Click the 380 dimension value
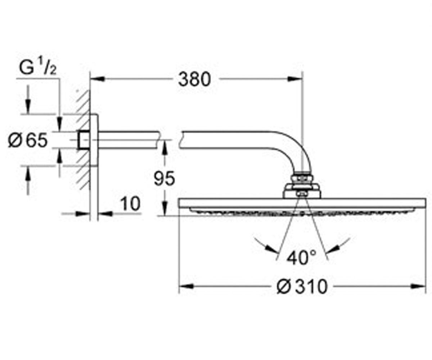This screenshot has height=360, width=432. [x=194, y=80]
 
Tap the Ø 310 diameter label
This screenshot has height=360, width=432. [x=302, y=287]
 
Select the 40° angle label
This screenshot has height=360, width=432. [x=301, y=258]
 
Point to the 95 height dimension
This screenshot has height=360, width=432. [x=165, y=179]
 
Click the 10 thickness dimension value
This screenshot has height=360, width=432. [x=130, y=204]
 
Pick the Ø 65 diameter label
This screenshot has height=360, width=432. [x=28, y=140]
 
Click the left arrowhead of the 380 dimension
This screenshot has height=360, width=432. [x=98, y=79]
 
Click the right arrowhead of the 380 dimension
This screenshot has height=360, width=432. [x=295, y=79]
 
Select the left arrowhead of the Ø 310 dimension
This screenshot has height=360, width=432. [x=186, y=286]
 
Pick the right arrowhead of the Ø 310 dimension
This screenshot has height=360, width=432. [x=418, y=286]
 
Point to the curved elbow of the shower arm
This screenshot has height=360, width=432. [x=298, y=147]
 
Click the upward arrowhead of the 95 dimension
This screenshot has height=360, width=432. [x=165, y=147]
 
